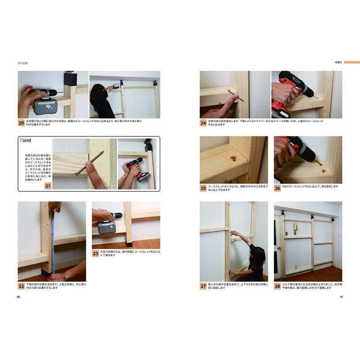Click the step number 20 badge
(x=21, y=122)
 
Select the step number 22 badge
(x=21, y=286)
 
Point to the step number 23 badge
(x=95, y=253)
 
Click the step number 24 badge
(x=203, y=122)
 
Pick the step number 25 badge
(x=203, y=188)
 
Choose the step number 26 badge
(x=277, y=188)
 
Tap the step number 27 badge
(x=203, y=286)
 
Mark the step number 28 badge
(x=277, y=286)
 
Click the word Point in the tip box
(x=26, y=141)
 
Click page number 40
(x=18, y=297)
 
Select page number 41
(x=342, y=297)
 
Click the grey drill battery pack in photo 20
(x=46, y=107)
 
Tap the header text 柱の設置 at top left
(x=23, y=63)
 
